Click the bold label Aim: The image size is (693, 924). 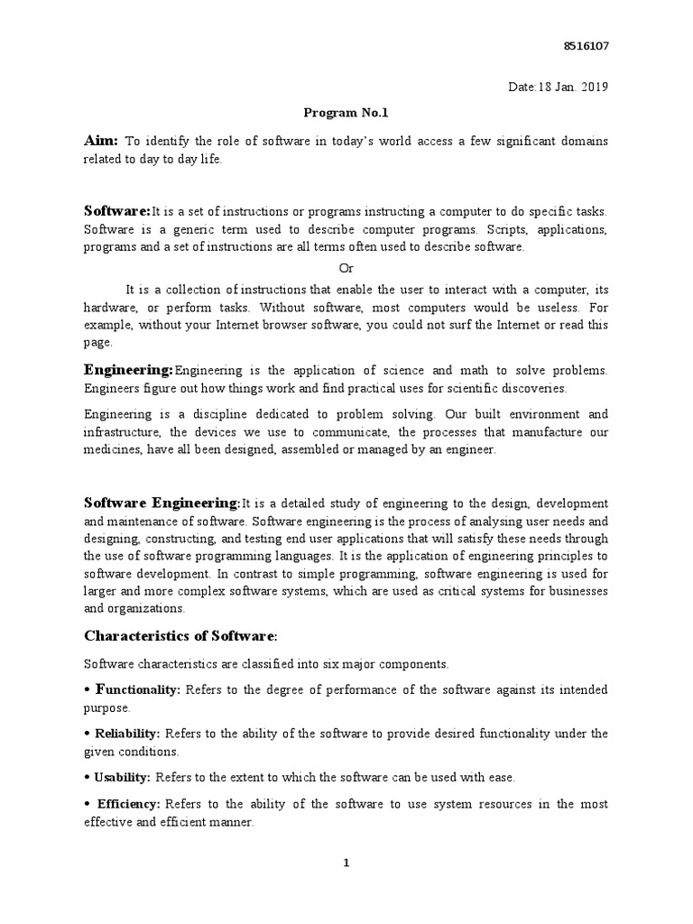pyautogui.click(x=101, y=141)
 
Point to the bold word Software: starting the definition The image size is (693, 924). pyautogui.click(x=117, y=210)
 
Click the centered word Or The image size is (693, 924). pyautogui.click(x=346, y=269)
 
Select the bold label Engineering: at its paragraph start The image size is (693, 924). pyautogui.click(x=128, y=370)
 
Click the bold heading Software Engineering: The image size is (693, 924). pyautogui.click(x=162, y=502)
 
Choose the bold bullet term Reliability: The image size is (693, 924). pyautogui.click(x=127, y=734)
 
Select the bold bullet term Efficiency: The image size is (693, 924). pyautogui.click(x=127, y=803)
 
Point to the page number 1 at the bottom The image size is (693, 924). pyautogui.click(x=346, y=864)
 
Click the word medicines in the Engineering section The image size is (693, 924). pyautogui.click(x=113, y=449)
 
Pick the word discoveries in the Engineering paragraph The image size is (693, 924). pyautogui.click(x=532, y=388)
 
